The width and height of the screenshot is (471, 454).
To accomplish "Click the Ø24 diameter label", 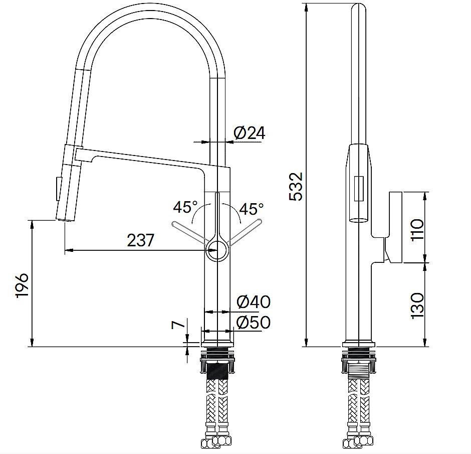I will pyautogui.click(x=249, y=133).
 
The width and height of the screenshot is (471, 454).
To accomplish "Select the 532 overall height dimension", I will pyautogui.click(x=296, y=187).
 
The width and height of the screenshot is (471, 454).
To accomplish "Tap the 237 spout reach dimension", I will pyautogui.click(x=141, y=241).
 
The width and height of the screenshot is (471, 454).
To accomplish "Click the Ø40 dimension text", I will pyautogui.click(x=253, y=302).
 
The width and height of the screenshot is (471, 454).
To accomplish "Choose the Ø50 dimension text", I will pyautogui.click(x=253, y=322).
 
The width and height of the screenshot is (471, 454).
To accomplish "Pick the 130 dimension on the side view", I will pyautogui.click(x=417, y=305).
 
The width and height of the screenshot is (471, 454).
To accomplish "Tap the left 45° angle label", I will pyautogui.click(x=185, y=207).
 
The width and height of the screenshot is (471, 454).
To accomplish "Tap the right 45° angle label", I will pyautogui.click(x=251, y=208).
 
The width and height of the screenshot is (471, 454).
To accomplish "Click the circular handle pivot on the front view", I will pyautogui.click(x=217, y=249).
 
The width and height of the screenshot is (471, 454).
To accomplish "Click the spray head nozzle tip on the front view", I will pyautogui.click(x=65, y=219).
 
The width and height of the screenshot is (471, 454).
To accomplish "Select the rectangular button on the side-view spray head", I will pyautogui.click(x=359, y=189).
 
